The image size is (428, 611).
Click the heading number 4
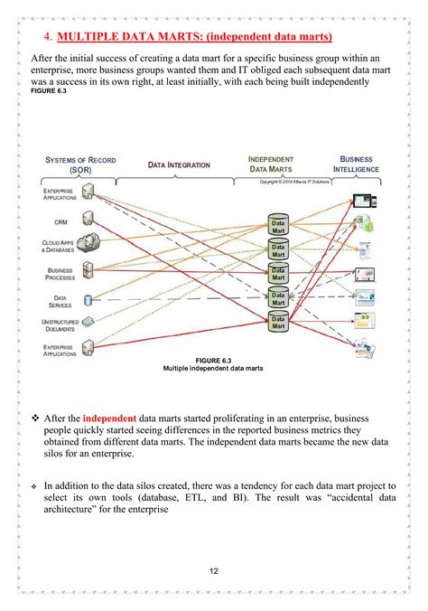pos(47,37)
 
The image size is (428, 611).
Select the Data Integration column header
pos(179,165)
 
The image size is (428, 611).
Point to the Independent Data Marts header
pos(271,164)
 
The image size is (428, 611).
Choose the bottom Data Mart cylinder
pos(277,321)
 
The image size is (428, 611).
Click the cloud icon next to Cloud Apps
pos(89,241)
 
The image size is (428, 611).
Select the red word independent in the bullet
pos(108,418)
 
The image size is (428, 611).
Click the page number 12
pos(213,570)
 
